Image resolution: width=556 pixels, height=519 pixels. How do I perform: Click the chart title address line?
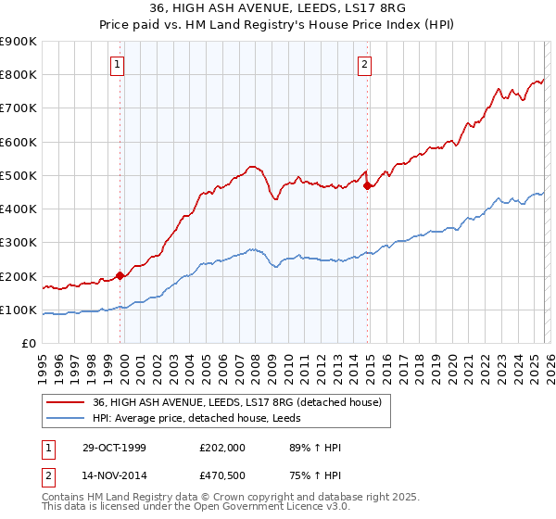tap(278, 9)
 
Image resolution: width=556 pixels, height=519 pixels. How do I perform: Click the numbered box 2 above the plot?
tap(365, 64)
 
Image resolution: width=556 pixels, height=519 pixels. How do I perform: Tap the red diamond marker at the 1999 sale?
tap(120, 275)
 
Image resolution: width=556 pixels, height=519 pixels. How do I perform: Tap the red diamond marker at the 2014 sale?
tap(368, 185)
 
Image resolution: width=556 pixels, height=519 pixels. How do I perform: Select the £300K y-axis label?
tap(19, 243)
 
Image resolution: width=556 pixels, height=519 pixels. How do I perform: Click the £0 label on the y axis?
tap(30, 344)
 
